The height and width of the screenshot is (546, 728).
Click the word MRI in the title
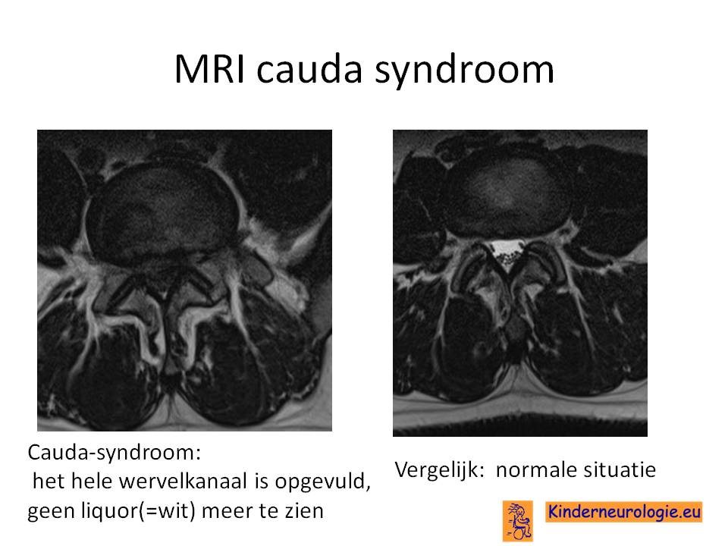[209, 69]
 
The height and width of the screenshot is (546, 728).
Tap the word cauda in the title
[309, 69]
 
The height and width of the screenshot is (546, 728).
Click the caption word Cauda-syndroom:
[115, 452]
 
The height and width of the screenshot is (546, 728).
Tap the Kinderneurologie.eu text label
[623, 512]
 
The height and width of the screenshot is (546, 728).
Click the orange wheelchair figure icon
[518, 520]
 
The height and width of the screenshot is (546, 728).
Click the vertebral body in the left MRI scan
[162, 212]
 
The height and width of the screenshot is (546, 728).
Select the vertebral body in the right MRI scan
[507, 190]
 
